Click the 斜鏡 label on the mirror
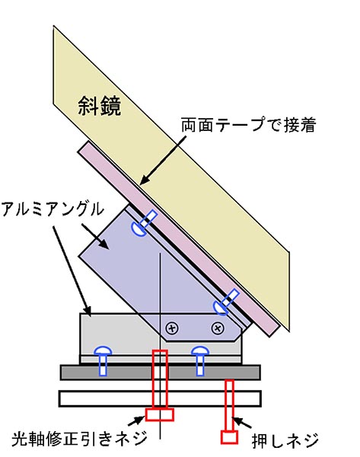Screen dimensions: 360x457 click(x=100, y=106)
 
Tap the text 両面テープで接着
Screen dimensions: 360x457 click(x=248, y=125)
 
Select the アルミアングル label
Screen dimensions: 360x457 click(x=53, y=209)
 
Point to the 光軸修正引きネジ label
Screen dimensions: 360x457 click(x=78, y=439)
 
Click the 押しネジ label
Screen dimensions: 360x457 click(x=285, y=440)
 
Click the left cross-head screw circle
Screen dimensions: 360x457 click(x=172, y=328)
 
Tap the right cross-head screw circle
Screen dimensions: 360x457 click(x=217, y=328)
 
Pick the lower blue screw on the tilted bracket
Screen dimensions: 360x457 click(x=226, y=302)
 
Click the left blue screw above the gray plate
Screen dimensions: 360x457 click(x=103, y=360)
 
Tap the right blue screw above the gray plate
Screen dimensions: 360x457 click(x=200, y=360)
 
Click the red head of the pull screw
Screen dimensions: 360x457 click(x=160, y=414)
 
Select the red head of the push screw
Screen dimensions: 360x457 click(x=229, y=437)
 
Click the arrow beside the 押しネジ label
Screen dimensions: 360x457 click(x=243, y=423)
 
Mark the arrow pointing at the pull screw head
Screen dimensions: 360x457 click(x=136, y=420)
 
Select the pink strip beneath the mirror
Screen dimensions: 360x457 click(x=178, y=239)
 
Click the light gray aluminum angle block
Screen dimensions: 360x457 click(x=116, y=335)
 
